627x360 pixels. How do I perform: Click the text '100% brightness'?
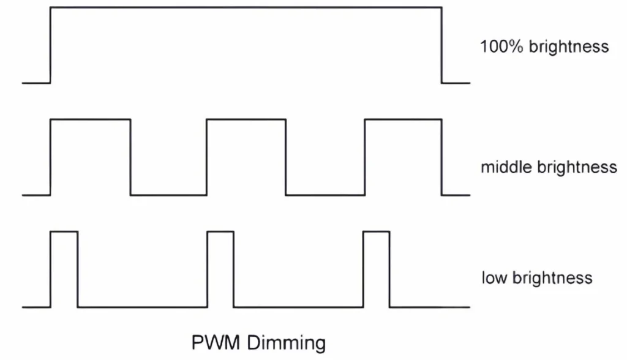(x=544, y=47)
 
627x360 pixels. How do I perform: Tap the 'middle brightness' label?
(x=549, y=167)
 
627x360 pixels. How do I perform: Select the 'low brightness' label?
(x=536, y=277)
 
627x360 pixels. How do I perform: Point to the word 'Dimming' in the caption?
(x=286, y=342)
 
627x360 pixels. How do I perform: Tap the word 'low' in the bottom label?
(x=493, y=277)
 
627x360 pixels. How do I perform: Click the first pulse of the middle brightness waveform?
(x=91, y=157)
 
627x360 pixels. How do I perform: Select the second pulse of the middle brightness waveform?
(x=246, y=157)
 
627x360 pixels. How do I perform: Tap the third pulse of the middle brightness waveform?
(x=403, y=157)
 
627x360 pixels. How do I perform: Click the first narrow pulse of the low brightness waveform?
(x=64, y=269)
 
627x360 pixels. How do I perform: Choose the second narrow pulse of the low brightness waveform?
(x=220, y=269)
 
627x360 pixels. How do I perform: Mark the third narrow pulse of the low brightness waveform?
(x=377, y=269)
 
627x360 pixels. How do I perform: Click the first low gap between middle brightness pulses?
(x=168, y=195)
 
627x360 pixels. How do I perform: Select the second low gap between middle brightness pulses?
(x=325, y=195)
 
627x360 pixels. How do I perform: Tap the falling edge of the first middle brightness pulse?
(x=130, y=157)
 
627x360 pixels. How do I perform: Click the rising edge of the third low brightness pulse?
(x=364, y=269)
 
